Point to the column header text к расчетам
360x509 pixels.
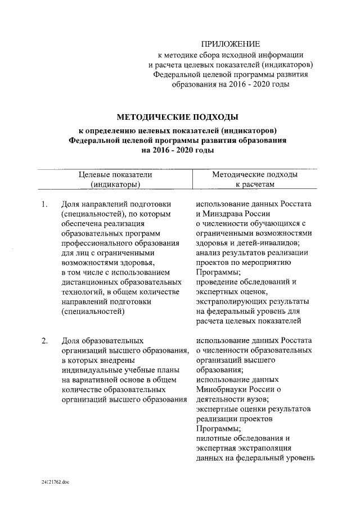[x=255, y=184]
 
